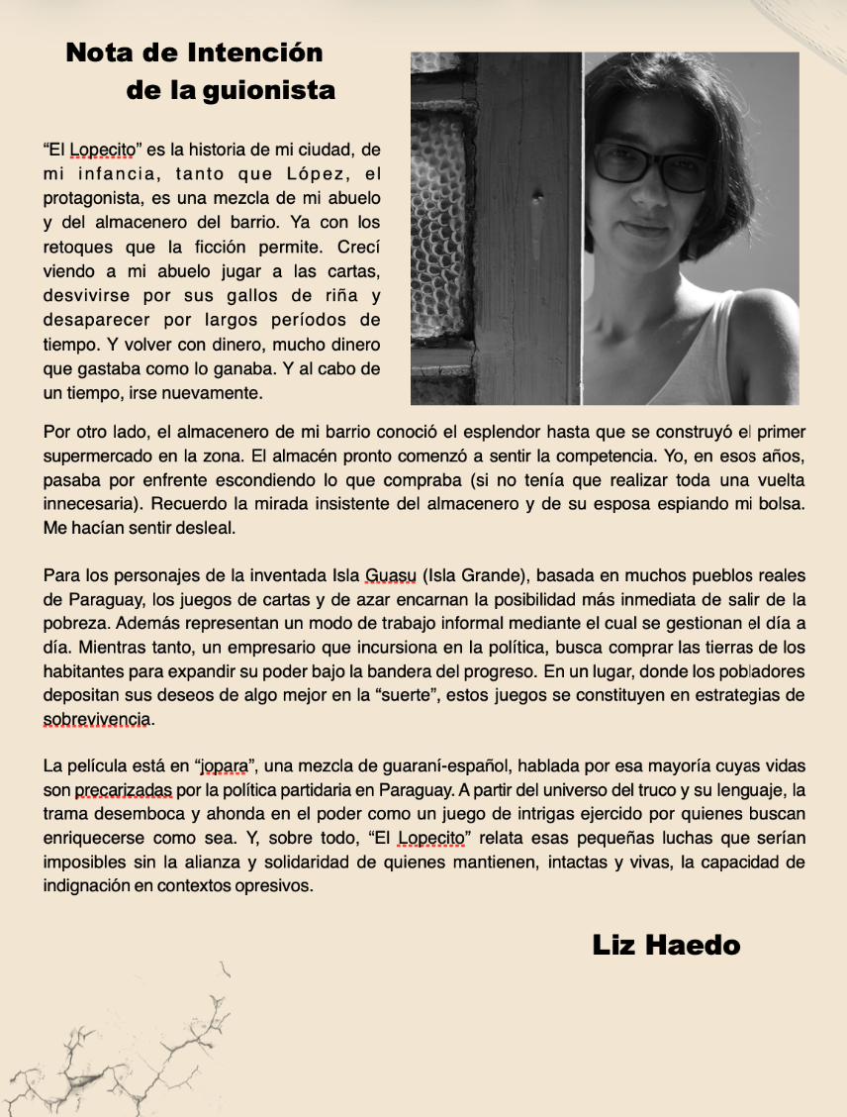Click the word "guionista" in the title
point(269,91)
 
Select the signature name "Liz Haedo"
point(666,945)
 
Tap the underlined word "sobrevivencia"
point(95,718)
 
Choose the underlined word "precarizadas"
point(124,790)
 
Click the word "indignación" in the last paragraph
point(87,885)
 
